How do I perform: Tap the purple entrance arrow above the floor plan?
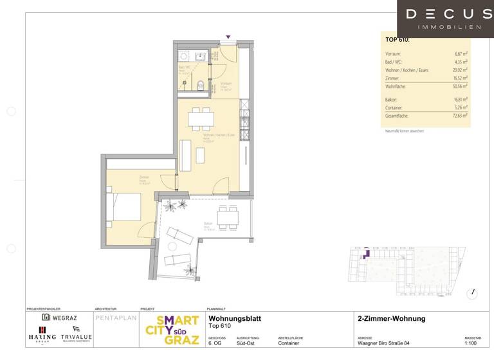point(228,37)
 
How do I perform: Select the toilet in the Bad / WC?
point(201,84)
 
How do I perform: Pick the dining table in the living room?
point(201,118)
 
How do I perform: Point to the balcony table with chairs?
point(230,219)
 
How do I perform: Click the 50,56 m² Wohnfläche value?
point(459,85)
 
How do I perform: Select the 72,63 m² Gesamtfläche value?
point(458,116)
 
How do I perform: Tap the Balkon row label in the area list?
point(390,100)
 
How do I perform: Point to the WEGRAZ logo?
point(60,317)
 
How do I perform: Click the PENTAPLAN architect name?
point(115,318)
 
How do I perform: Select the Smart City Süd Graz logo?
point(172,331)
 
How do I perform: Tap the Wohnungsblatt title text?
point(235,318)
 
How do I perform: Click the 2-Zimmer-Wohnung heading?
point(391,318)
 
